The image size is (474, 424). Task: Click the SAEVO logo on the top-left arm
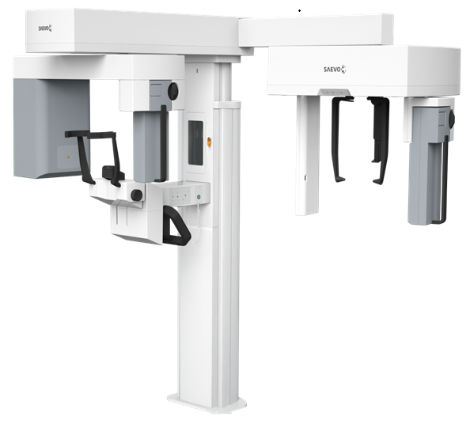[45, 28]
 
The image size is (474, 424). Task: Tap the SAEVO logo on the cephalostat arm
[335, 70]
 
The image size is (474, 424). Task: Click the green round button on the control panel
[199, 197]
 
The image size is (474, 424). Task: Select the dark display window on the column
[195, 142]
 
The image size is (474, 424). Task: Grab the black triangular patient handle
[176, 225]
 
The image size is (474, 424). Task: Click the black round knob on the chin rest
[137, 195]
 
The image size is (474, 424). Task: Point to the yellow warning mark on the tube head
[69, 157]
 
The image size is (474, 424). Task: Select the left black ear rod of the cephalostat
[339, 139]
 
